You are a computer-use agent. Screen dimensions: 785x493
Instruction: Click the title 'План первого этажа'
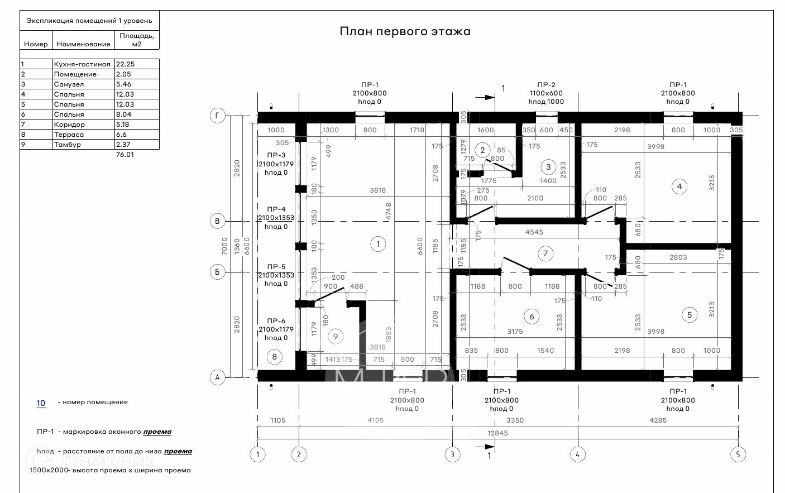click(x=405, y=31)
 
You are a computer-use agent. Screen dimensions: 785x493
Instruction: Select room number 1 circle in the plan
click(x=378, y=244)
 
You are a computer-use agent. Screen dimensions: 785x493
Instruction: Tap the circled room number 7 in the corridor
click(x=545, y=253)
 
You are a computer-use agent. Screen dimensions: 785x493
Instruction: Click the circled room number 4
click(x=679, y=186)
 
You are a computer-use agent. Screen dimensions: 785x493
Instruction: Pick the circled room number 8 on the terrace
click(x=274, y=357)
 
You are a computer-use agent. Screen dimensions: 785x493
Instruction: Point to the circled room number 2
click(x=482, y=150)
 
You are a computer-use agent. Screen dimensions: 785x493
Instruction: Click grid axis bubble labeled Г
click(x=217, y=116)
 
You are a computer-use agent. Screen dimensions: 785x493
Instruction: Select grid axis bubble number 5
click(x=738, y=454)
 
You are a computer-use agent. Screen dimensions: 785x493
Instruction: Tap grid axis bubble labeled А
click(x=217, y=377)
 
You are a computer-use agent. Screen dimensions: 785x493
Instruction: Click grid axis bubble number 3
click(x=452, y=454)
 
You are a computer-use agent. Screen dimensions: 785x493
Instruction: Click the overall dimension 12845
click(x=497, y=433)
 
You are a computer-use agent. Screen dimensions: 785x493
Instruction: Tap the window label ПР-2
click(x=545, y=85)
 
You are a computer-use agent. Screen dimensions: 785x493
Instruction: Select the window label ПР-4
click(x=276, y=209)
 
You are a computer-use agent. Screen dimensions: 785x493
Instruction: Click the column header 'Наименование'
click(x=83, y=44)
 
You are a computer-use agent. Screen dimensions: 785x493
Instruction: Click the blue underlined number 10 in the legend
click(x=41, y=403)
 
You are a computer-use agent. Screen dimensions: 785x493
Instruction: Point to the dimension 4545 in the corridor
click(x=534, y=232)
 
